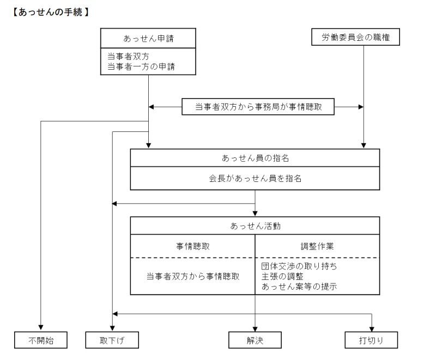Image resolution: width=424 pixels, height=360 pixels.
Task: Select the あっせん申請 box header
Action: tap(148, 39)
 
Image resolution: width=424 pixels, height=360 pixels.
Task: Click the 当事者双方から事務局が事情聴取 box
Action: tap(258, 107)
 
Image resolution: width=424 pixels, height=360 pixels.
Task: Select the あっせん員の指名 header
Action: tap(255, 158)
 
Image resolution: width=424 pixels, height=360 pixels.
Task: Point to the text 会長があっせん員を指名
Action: tap(255, 179)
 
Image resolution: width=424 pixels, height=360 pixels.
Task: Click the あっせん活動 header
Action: tap(255, 225)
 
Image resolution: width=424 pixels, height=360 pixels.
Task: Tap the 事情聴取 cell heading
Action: tap(192, 246)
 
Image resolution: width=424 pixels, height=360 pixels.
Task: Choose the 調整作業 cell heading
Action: tap(317, 246)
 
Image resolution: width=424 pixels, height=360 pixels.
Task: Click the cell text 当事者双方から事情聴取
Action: tap(192, 276)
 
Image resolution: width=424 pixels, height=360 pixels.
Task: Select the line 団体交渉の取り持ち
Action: tap(299, 266)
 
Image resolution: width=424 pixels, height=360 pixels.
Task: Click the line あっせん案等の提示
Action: tap(299, 286)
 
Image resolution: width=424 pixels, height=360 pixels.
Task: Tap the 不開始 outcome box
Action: tap(41, 340)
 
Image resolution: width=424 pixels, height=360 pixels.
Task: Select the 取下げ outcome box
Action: tap(112, 340)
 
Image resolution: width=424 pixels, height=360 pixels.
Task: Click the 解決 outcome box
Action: tap(255, 340)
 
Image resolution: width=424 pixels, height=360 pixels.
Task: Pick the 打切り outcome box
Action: tap(372, 340)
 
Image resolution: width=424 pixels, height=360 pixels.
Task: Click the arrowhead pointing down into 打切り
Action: tap(372, 328)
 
